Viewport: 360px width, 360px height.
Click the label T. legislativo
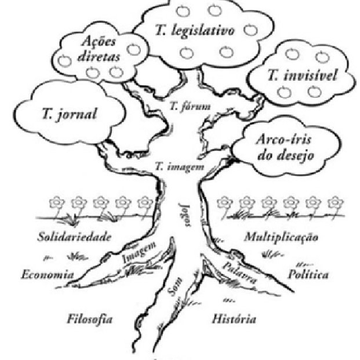point(194,31)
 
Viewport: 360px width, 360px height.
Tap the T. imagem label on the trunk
point(180,166)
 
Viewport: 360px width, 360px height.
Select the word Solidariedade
point(74,237)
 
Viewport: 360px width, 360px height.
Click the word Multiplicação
point(281,237)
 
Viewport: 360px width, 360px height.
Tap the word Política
point(308,274)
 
